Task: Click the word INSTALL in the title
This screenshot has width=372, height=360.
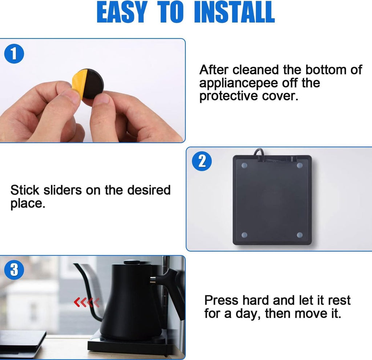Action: [234, 12]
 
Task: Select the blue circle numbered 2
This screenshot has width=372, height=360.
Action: [202, 161]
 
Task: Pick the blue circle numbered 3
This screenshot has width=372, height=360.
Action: [14, 270]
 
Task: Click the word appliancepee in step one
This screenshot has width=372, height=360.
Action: [239, 83]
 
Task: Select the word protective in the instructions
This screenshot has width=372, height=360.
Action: [229, 96]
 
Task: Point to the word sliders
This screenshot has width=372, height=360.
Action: [62, 190]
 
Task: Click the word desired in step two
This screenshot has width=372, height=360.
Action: [149, 190]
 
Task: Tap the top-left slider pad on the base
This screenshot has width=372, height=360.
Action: [244, 165]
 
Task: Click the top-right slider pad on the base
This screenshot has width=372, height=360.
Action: [300, 165]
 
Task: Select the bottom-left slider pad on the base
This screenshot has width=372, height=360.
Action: [244, 235]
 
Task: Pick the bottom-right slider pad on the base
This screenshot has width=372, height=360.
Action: [300, 235]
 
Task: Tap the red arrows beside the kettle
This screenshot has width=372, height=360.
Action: [86, 302]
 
